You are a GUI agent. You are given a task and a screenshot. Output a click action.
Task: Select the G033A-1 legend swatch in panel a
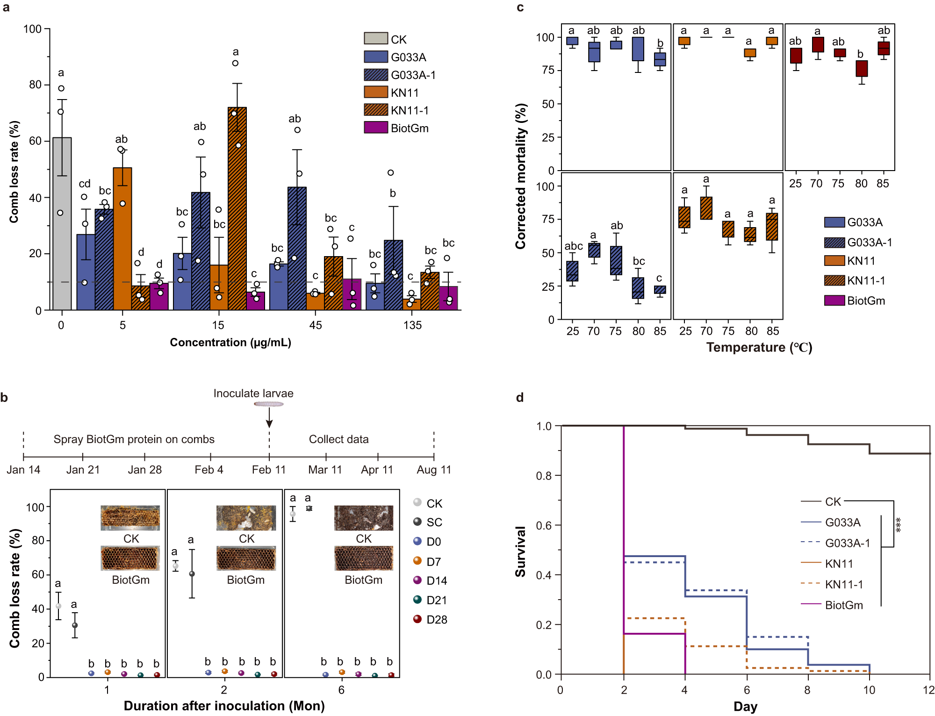[x=375, y=75]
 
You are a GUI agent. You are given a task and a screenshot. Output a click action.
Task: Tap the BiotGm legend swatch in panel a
[x=375, y=128]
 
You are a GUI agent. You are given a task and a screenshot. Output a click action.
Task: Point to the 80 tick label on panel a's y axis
[x=35, y=85]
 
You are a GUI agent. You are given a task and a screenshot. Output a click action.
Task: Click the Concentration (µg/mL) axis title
[x=230, y=343]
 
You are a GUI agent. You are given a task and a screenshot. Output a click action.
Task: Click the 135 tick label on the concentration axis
[x=412, y=325]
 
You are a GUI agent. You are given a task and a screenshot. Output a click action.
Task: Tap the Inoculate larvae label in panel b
[x=253, y=394]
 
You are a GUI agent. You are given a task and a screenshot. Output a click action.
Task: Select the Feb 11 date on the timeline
[x=268, y=470]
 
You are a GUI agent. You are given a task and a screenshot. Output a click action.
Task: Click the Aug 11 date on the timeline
[x=434, y=470]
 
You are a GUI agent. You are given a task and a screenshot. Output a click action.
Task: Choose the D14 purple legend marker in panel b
[x=417, y=580]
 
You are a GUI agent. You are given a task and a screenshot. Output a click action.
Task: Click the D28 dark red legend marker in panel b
[x=417, y=619]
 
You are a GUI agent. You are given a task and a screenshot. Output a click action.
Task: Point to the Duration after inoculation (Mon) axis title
[x=224, y=706]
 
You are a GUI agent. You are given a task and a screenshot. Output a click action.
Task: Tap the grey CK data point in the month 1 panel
[x=58, y=606]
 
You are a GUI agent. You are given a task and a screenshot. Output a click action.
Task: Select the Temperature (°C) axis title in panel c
[x=759, y=347]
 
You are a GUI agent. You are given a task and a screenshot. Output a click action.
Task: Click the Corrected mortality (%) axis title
[x=521, y=176]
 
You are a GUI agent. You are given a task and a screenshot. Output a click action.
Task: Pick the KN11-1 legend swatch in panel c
[x=834, y=280]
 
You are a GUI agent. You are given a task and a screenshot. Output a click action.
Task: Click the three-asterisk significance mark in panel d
[x=898, y=525]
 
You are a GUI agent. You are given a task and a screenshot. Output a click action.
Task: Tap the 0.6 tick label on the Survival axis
[x=544, y=525]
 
